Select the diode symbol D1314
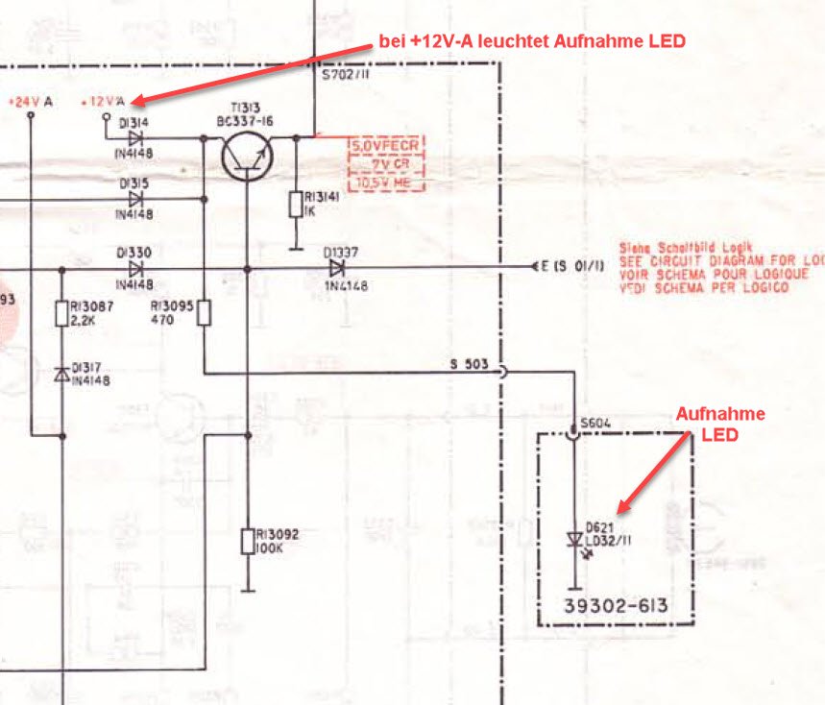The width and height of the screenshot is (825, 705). (134, 138)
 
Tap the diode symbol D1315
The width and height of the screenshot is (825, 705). (134, 199)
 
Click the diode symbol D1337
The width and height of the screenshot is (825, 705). (337, 268)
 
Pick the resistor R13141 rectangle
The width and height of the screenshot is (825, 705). (296, 204)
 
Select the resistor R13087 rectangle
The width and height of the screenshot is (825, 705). (62, 313)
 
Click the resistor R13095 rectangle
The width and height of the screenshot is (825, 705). (204, 313)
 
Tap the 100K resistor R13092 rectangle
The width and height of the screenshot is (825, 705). (248, 540)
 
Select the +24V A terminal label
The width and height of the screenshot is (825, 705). (32, 101)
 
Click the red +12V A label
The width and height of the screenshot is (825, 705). (105, 101)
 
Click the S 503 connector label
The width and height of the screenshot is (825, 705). (470, 365)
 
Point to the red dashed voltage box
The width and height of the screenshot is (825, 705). (384, 163)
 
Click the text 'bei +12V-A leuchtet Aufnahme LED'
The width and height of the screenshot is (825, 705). (532, 42)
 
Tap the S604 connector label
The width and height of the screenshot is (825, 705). (594, 422)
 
